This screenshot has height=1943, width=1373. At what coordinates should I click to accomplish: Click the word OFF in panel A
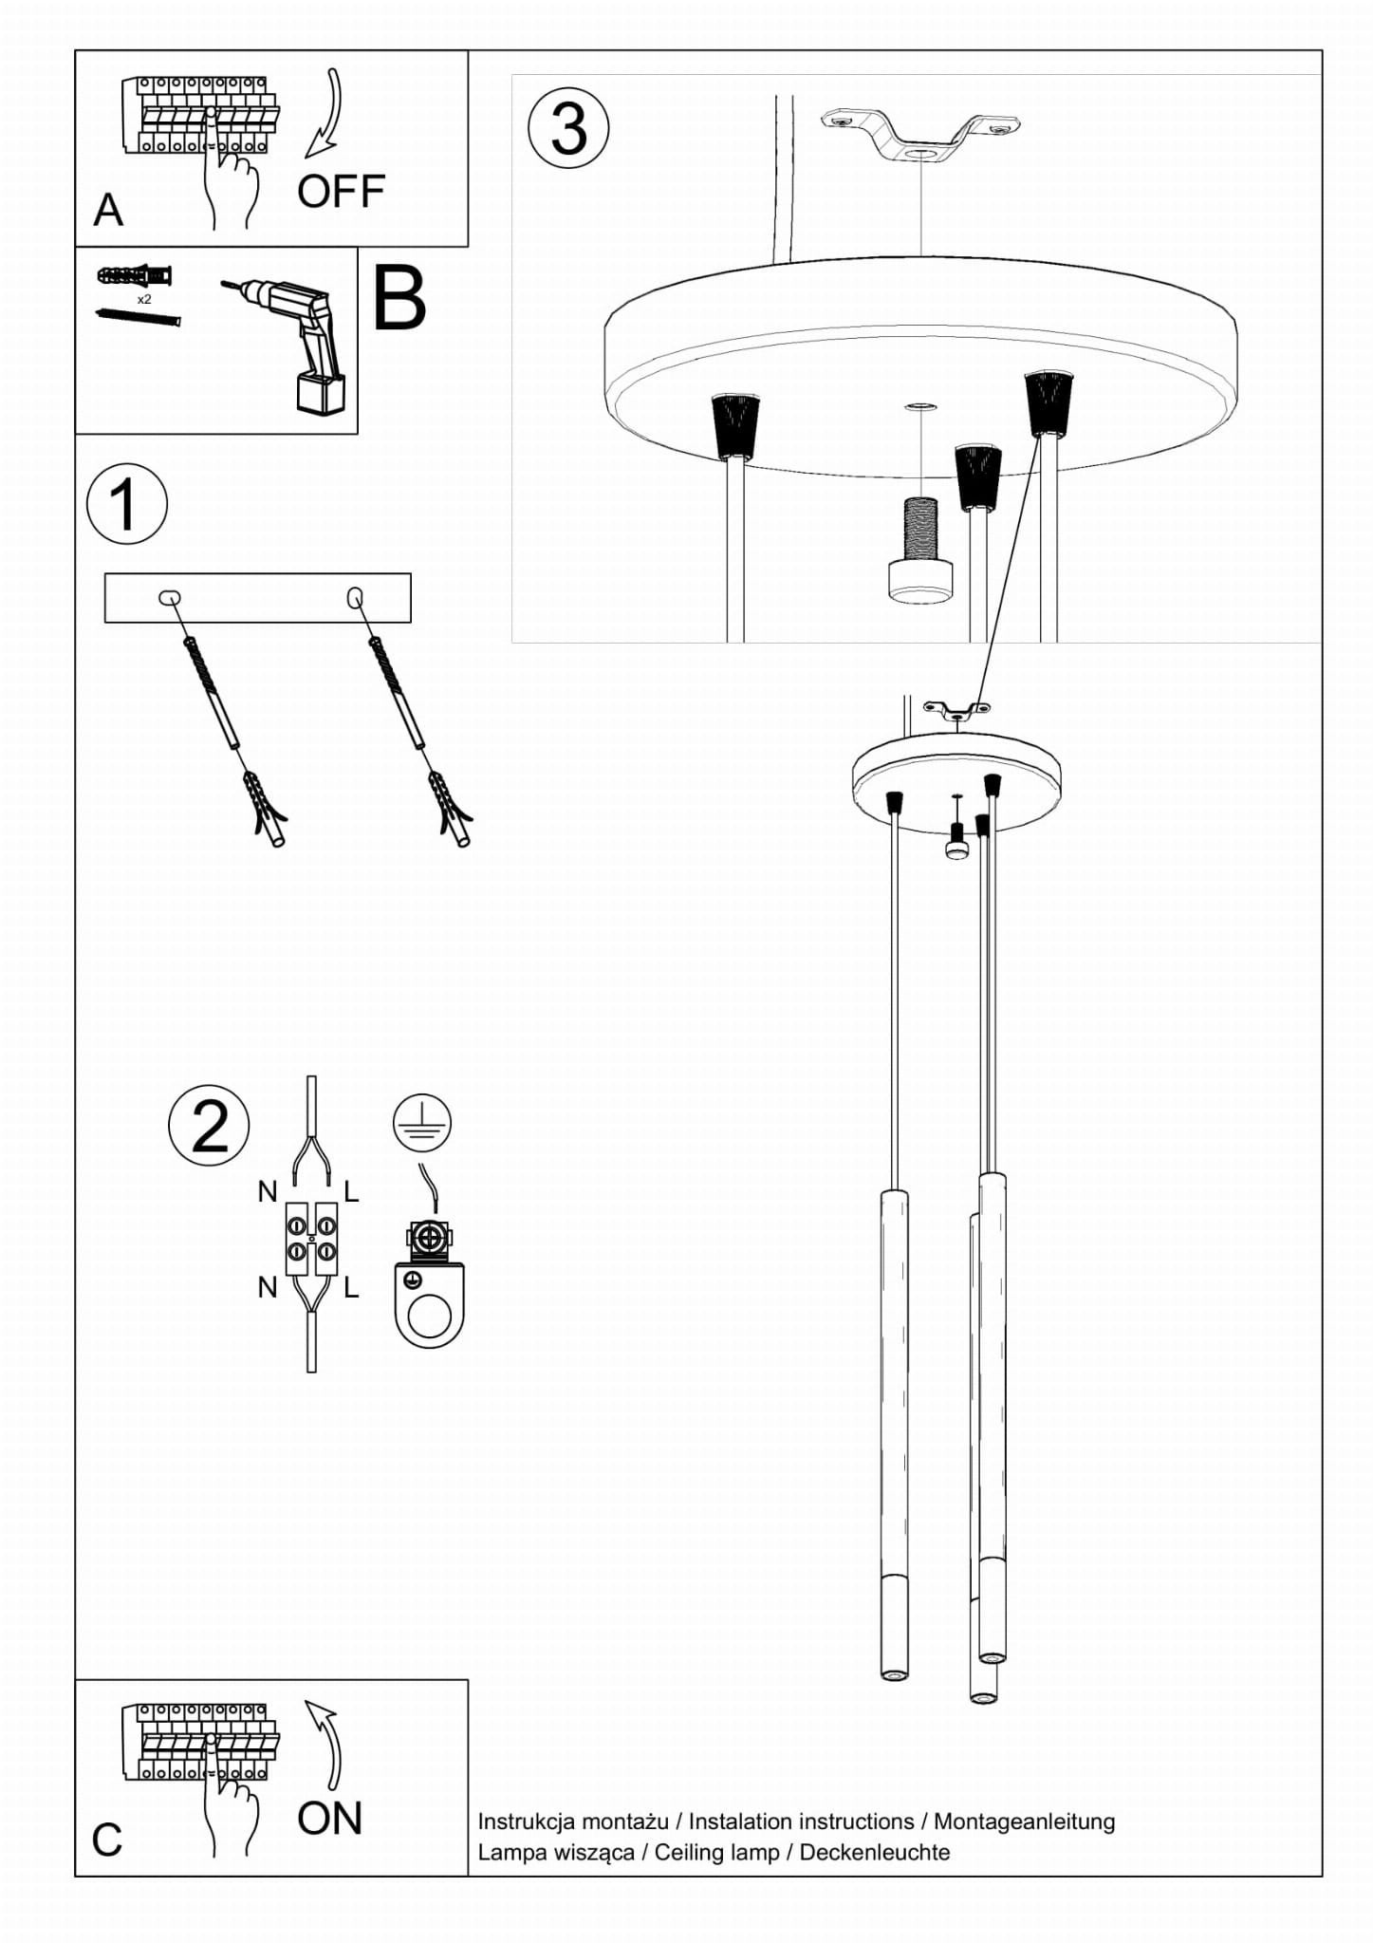point(341,192)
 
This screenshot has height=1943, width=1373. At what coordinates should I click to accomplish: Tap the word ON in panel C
point(329,1819)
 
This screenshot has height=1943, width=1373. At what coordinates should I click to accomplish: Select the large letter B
point(399,299)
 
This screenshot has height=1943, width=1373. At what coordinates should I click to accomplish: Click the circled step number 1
point(126,504)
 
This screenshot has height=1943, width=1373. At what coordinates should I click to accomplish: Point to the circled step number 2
point(209,1126)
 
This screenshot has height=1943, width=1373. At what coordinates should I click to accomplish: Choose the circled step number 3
point(568,128)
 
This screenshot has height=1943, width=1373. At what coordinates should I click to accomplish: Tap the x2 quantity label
point(144,299)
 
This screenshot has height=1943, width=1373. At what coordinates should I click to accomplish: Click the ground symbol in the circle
point(421,1122)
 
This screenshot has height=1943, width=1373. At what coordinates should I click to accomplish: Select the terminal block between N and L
point(311,1239)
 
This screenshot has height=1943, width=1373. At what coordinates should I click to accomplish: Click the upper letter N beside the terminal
point(268,1192)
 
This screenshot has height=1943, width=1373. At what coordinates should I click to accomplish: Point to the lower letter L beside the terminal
point(351,1287)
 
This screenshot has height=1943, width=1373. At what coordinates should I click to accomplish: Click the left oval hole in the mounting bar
point(169,597)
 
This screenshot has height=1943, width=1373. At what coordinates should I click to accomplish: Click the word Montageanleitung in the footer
point(1024,1822)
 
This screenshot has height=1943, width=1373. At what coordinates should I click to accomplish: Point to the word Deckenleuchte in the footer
point(874,1852)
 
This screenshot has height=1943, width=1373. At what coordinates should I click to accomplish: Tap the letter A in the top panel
point(108,210)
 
